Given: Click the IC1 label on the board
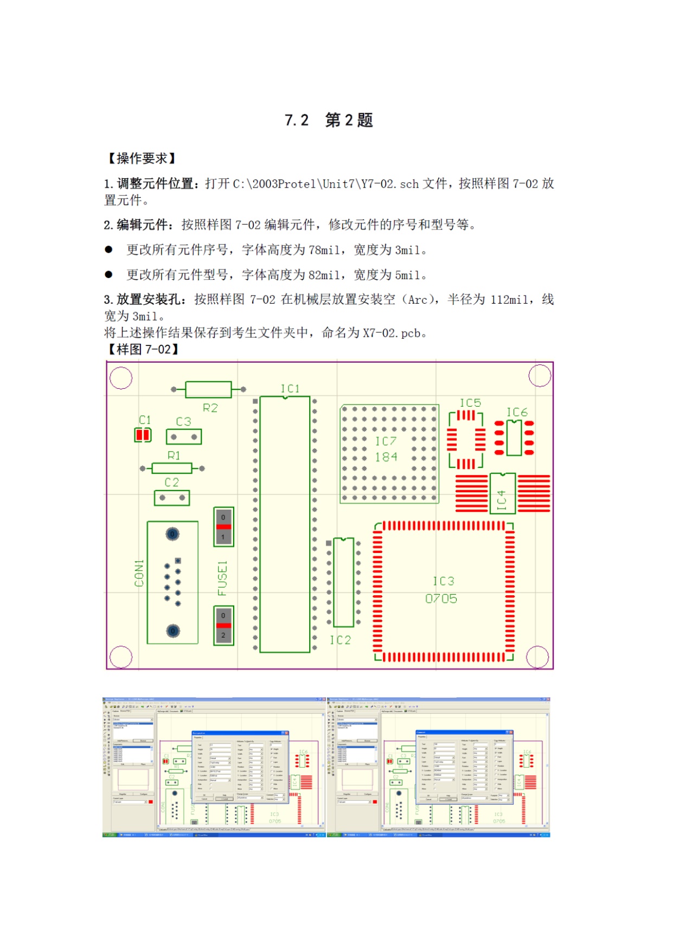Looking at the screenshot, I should pyautogui.click(x=290, y=389).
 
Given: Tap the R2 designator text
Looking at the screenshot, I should pyautogui.click(x=210, y=408).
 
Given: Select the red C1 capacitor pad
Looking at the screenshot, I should pyautogui.click(x=143, y=435).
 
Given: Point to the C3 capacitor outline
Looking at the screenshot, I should pyautogui.click(x=184, y=436).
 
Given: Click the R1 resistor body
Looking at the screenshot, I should pyautogui.click(x=172, y=468).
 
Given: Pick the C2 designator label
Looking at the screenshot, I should pyautogui.click(x=171, y=482).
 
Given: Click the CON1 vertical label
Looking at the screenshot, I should pyautogui.click(x=139, y=573).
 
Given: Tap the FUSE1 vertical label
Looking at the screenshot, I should pyautogui.click(x=222, y=578).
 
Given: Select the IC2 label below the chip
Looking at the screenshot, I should pyautogui.click(x=340, y=640).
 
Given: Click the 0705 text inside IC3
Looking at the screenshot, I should pyautogui.click(x=441, y=599).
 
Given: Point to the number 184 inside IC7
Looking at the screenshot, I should pyautogui.click(x=386, y=457).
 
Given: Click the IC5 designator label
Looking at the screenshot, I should pyautogui.click(x=470, y=403).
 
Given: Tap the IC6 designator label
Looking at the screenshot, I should pyautogui.click(x=517, y=413).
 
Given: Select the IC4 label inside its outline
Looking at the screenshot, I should pyautogui.click(x=502, y=500).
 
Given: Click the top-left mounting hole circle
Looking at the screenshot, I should pyautogui.click(x=121, y=378).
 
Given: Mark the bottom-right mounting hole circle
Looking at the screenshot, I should pyautogui.click(x=537, y=657).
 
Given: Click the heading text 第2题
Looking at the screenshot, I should pyautogui.click(x=349, y=120).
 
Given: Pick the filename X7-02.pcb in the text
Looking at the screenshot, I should pyautogui.click(x=394, y=333).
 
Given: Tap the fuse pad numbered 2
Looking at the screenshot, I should pyautogui.click(x=223, y=635).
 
